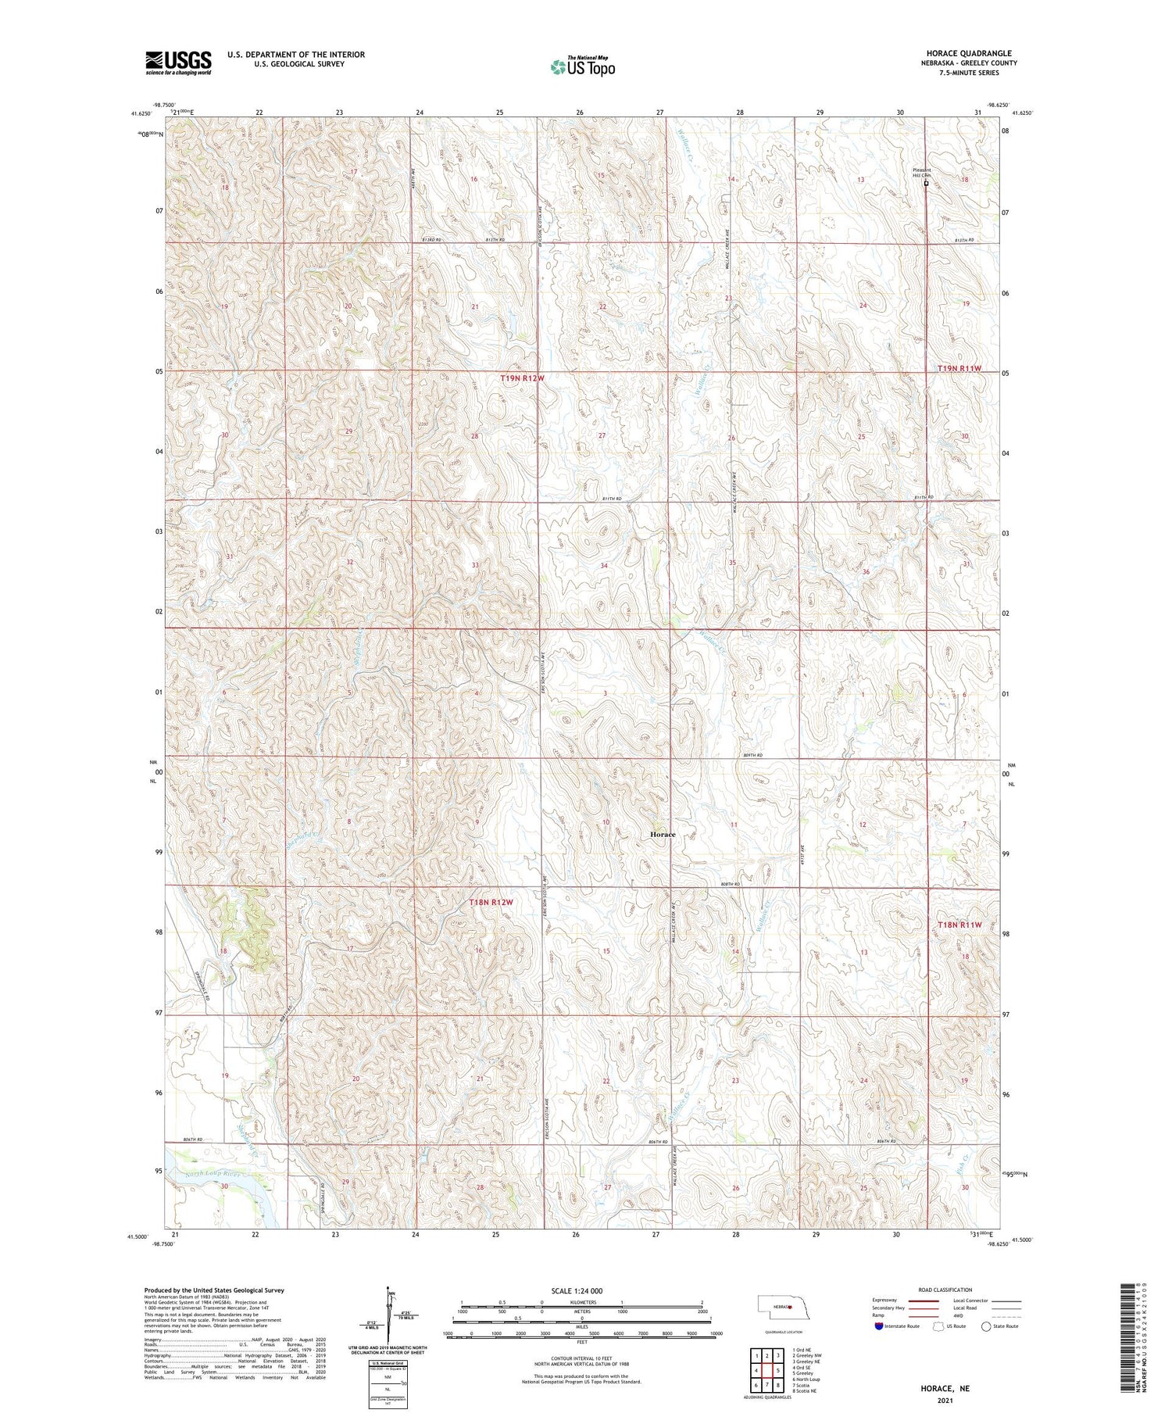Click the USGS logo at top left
(x=178, y=63)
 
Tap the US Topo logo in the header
(x=582, y=67)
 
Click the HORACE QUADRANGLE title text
(x=968, y=53)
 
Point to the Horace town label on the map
(x=663, y=835)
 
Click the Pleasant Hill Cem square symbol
(x=926, y=184)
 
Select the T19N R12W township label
(x=522, y=378)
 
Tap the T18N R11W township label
(x=959, y=925)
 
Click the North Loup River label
(x=207, y=1174)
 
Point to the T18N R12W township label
(x=491, y=902)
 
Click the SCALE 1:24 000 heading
(x=577, y=1290)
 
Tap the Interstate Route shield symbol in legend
(x=879, y=1326)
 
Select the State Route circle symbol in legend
(x=986, y=1326)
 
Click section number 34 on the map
(x=604, y=565)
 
